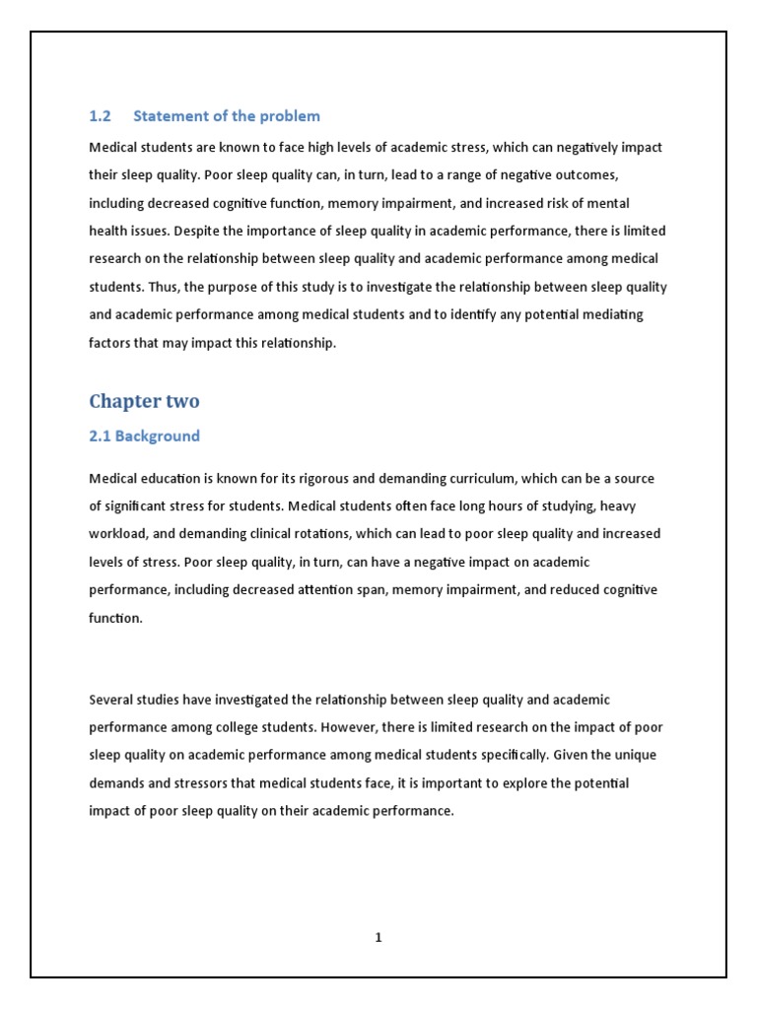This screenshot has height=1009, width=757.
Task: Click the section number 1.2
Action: pos(100,116)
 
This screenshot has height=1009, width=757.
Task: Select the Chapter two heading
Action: pos(144,401)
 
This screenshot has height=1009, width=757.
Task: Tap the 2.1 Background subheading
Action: pos(144,436)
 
